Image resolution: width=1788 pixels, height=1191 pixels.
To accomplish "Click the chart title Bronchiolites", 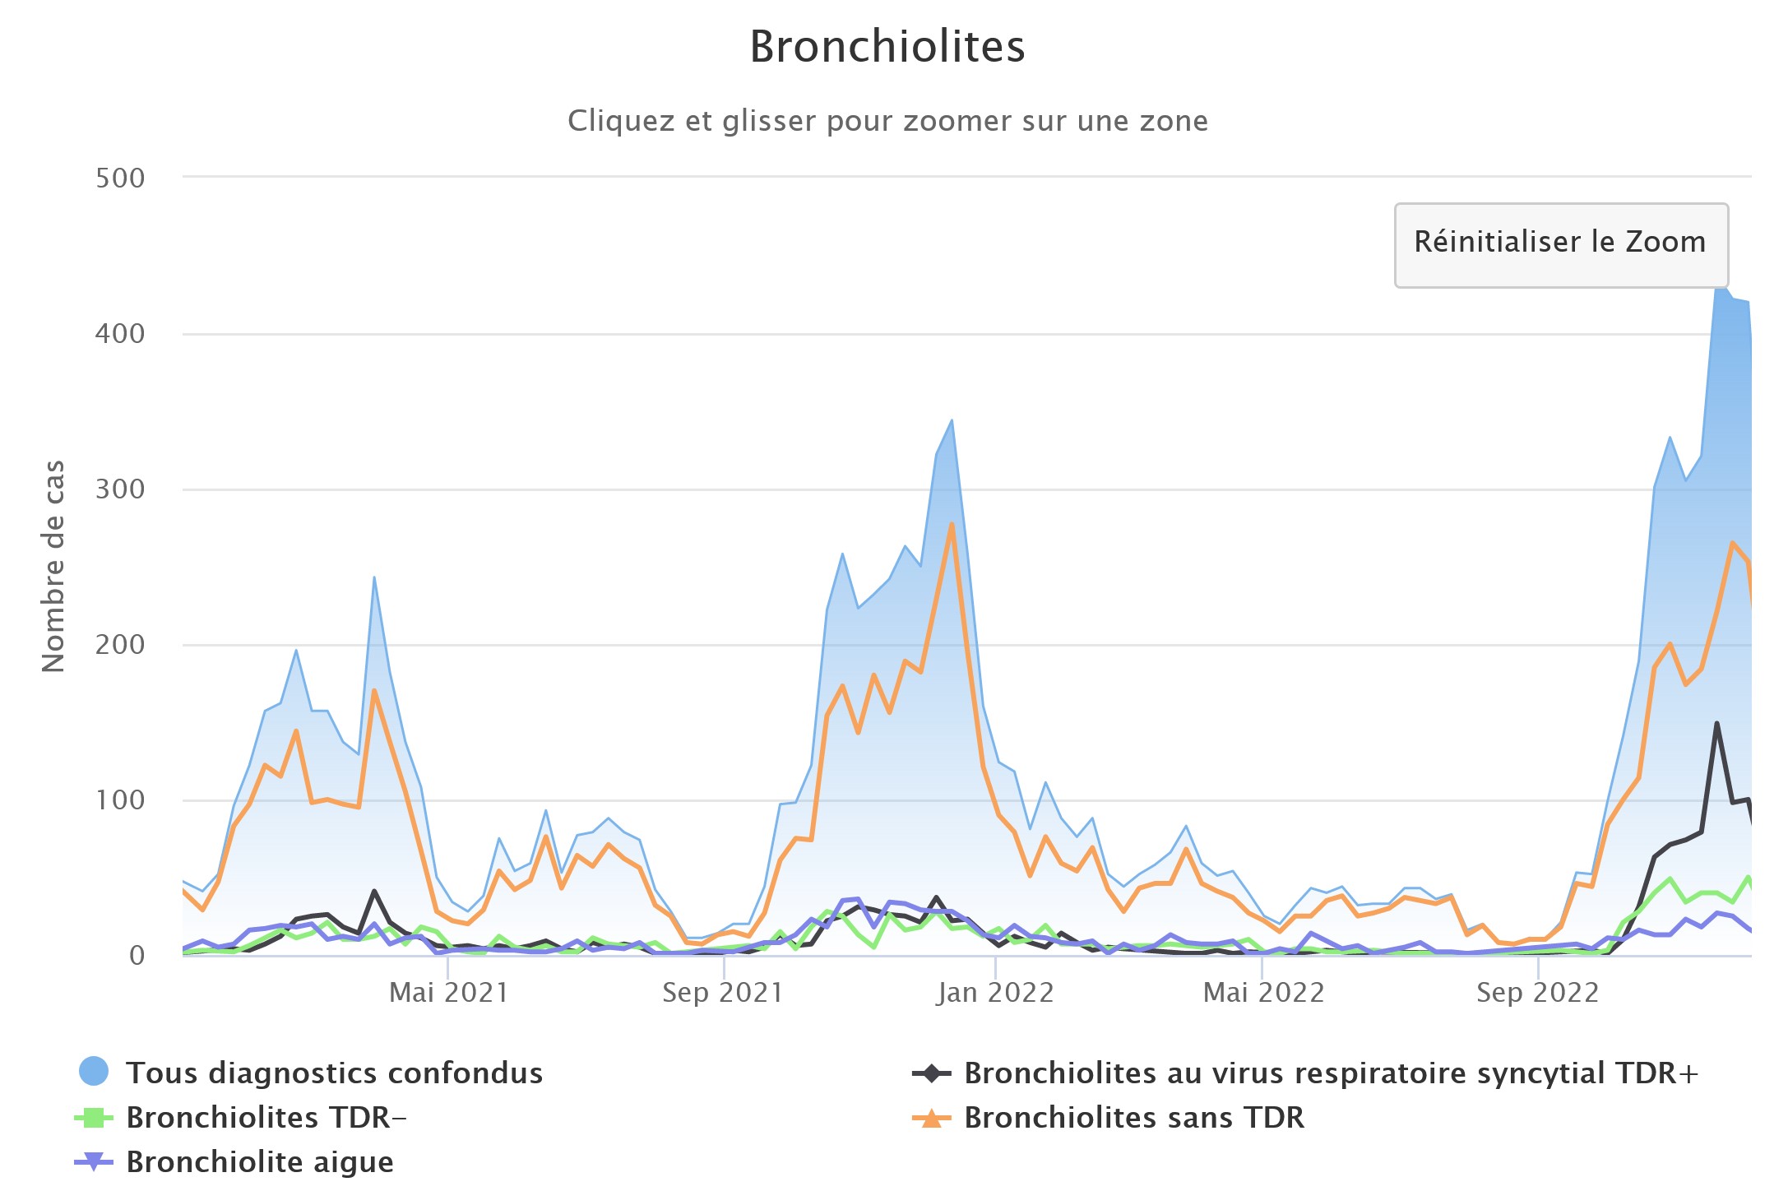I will [x=887, y=47].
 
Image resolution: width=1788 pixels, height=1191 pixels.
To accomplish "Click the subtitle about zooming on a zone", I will [x=887, y=121].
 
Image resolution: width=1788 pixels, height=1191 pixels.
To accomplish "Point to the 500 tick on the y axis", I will [x=120, y=178].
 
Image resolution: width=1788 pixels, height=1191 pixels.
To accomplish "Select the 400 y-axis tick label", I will [x=120, y=333].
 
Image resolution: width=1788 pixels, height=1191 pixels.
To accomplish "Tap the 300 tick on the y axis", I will [x=120, y=489].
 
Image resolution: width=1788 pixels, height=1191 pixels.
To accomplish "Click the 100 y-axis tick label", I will [x=120, y=799].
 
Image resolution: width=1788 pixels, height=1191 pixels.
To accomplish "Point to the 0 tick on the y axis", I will [x=137, y=955].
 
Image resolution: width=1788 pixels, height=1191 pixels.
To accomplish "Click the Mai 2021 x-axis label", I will [x=448, y=993].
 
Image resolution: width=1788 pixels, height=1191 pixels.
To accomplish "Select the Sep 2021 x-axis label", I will [x=722, y=993].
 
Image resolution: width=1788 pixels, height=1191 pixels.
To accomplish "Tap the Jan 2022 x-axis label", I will [x=995, y=993].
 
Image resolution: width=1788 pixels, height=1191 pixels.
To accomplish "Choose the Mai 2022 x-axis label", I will [x=1263, y=993].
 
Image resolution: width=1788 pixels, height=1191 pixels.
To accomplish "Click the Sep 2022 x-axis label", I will [x=1537, y=993].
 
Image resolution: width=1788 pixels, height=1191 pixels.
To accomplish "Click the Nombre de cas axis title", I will [x=53, y=566].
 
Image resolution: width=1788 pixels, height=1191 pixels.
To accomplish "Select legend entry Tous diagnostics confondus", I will [x=333, y=1073].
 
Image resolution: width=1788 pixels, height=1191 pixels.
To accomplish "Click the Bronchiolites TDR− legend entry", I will [x=266, y=1117].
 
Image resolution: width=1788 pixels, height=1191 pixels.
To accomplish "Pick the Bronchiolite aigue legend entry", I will [x=259, y=1161].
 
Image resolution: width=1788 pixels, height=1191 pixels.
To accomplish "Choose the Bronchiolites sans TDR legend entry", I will [x=1133, y=1117].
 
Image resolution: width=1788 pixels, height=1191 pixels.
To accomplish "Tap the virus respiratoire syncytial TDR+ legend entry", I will [x=1330, y=1073].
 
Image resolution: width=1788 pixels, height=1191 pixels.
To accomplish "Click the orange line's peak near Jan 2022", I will [x=952, y=524].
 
